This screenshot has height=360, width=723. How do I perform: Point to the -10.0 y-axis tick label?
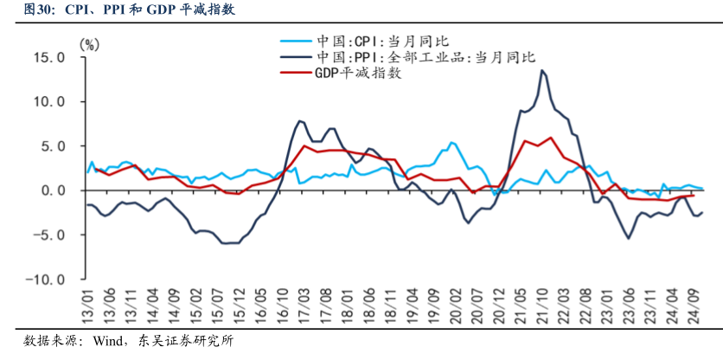[x=47, y=280]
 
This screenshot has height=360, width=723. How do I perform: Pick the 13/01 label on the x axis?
[x=86, y=305]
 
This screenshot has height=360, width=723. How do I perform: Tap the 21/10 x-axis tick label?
[x=543, y=305]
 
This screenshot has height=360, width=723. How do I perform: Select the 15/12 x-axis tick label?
[x=238, y=305]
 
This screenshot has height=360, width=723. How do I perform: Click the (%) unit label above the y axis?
[x=88, y=42]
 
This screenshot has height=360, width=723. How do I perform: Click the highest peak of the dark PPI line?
[x=542, y=71]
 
